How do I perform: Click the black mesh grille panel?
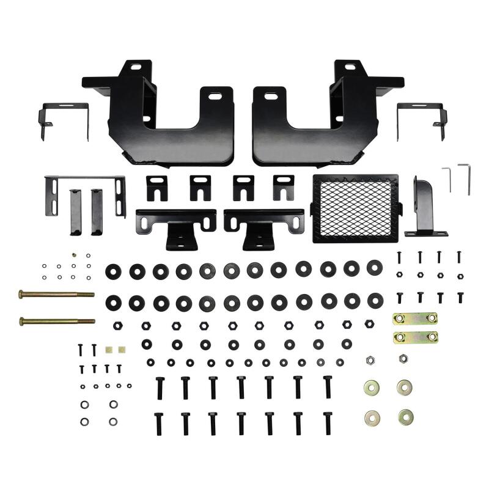[x=354, y=208]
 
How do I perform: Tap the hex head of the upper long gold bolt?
[x=22, y=294]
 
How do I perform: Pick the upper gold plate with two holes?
[x=416, y=319]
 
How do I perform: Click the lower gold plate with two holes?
[x=416, y=336]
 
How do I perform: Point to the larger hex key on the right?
[x=466, y=177]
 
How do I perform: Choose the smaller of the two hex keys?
[x=448, y=177]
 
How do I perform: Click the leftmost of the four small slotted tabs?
[x=157, y=186]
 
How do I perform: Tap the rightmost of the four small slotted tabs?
[x=284, y=186]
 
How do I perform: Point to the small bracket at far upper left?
[x=64, y=119]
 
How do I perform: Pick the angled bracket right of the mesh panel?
[x=423, y=208]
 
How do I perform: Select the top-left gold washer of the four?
[x=370, y=386]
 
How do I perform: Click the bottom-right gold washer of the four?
[x=405, y=417]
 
